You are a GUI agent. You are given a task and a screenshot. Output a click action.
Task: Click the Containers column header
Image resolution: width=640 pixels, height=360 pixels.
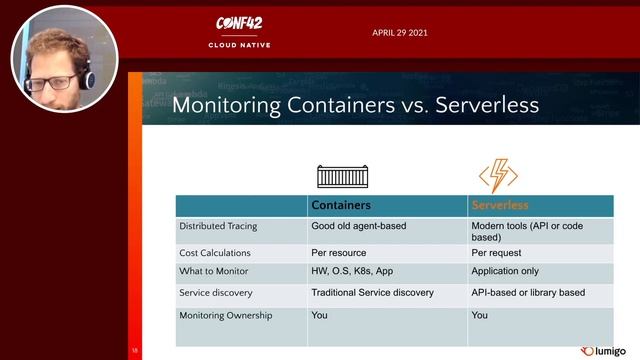tap(342, 205)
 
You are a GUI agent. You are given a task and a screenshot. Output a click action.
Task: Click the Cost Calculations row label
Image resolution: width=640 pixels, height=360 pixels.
tap(215, 253)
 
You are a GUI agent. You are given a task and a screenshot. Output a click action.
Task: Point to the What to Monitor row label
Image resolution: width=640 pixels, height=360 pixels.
tap(214, 272)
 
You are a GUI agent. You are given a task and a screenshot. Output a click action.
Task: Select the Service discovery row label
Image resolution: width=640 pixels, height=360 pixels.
tap(216, 293)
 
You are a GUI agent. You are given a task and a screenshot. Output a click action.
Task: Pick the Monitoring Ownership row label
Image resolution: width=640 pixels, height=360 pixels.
tap(225, 315)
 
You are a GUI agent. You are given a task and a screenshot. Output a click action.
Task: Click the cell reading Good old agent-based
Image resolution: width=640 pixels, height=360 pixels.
tap(359, 226)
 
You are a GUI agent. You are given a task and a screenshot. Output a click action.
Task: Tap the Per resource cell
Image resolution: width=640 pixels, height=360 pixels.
tap(339, 253)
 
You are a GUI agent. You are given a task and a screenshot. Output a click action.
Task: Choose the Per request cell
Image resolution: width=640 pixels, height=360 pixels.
tap(496, 253)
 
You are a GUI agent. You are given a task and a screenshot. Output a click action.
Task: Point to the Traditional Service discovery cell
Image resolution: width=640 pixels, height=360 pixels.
tap(372, 293)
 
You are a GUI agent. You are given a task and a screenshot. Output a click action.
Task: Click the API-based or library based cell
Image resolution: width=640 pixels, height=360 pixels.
tap(527, 293)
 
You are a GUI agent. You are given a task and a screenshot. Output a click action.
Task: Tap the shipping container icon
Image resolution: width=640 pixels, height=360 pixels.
tap(343, 176)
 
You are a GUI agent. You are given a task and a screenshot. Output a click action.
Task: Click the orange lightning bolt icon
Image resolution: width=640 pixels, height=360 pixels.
tap(498, 175)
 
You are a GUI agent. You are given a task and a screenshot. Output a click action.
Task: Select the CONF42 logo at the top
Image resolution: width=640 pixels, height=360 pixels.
tap(239, 24)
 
